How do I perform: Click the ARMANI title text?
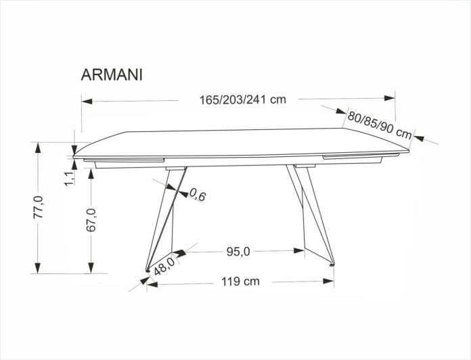[x=112, y=75]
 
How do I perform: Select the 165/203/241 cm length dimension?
[x=243, y=99]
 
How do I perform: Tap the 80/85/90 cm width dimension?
[x=380, y=126]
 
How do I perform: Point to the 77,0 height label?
[x=39, y=207]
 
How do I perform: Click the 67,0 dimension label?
[x=91, y=220]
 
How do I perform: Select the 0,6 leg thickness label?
[x=198, y=195]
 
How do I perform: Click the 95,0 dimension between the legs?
[x=238, y=252]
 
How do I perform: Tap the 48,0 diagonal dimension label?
[x=164, y=266]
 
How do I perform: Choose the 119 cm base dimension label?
[x=240, y=282]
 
